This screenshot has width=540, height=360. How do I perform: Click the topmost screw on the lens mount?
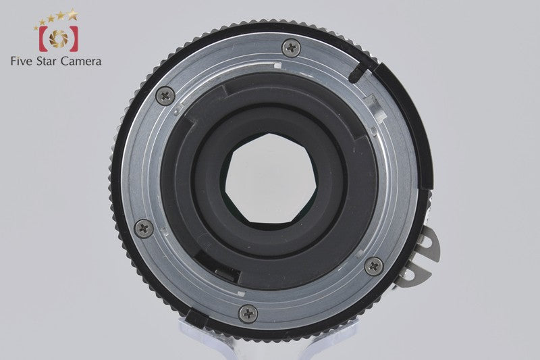[291, 48]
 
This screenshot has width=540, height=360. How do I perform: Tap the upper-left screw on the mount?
[165, 96]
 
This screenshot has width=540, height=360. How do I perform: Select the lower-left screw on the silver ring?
[144, 228]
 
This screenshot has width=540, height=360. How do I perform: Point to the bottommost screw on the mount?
[248, 314]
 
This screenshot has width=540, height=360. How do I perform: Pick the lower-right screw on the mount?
[374, 266]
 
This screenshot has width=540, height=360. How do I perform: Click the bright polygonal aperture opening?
[271, 178]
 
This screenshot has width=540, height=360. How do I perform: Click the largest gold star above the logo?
[73, 14]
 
